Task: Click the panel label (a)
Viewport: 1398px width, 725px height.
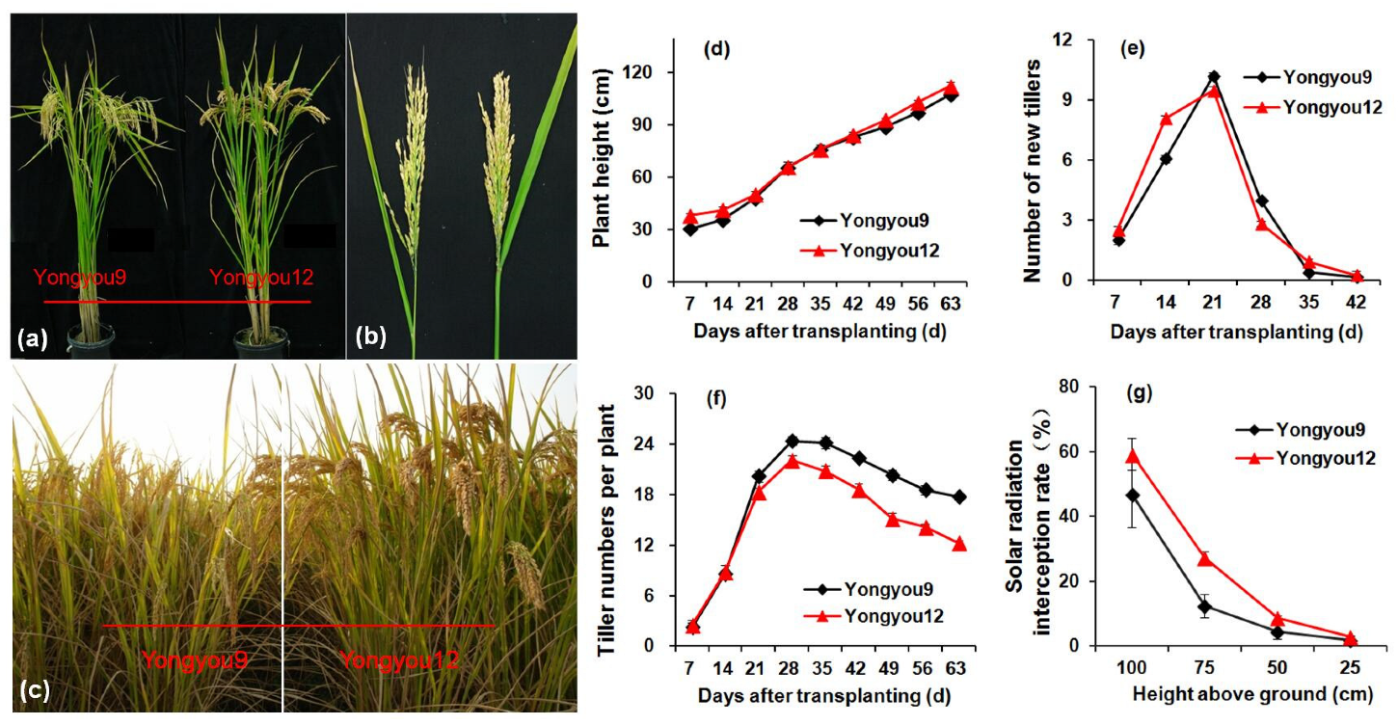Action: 30,338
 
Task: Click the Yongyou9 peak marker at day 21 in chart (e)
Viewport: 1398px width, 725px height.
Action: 1213,77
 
